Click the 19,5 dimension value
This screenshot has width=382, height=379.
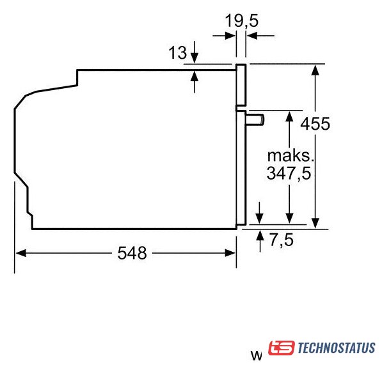tap(241, 21)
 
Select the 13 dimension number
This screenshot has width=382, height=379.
tap(178, 52)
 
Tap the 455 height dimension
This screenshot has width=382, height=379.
tap(315, 123)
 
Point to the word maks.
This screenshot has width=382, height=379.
tap(290, 156)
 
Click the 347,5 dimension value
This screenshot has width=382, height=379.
tap(289, 173)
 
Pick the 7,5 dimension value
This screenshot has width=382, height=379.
tap(282, 240)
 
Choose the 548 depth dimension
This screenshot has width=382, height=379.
tap(132, 253)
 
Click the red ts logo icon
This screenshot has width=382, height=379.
tap(281, 348)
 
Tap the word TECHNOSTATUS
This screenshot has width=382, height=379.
tap(337, 348)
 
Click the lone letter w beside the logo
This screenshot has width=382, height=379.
tap(257, 355)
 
